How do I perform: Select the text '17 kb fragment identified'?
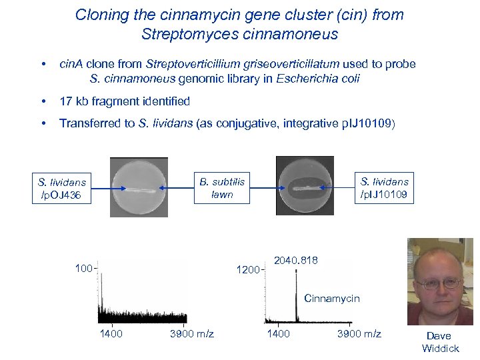125,101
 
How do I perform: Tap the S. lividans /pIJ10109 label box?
384,187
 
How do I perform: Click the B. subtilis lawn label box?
222,187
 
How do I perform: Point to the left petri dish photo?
139,187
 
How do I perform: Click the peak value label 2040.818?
296,260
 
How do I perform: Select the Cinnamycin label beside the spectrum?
331,298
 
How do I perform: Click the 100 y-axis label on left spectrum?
83,269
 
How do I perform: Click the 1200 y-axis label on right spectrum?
249,270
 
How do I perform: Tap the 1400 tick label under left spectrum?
111,333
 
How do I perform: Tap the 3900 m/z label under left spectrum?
192,333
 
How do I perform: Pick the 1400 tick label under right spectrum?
278,333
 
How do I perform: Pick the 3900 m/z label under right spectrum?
359,333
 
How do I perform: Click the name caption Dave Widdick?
440,342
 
